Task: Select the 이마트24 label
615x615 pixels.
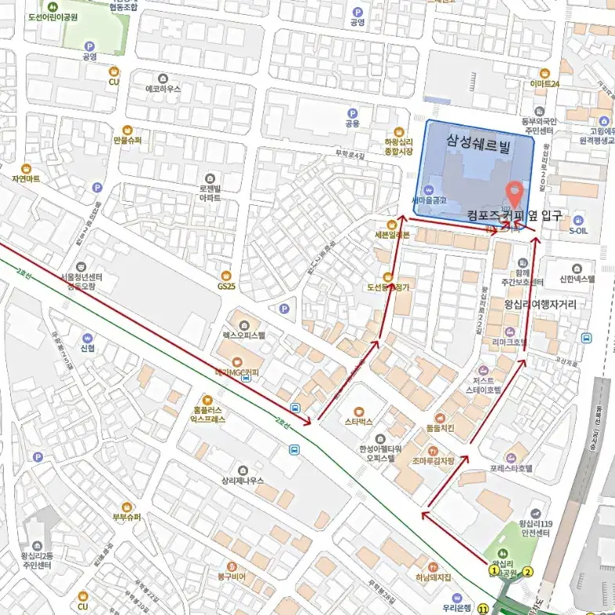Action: (545, 83)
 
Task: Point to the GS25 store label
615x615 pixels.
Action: (226, 286)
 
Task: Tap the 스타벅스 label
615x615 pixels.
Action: (359, 421)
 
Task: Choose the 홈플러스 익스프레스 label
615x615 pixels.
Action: (207, 414)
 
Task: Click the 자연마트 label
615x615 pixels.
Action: (26, 178)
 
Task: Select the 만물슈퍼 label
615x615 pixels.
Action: (127, 140)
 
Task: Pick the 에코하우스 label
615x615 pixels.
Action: (163, 88)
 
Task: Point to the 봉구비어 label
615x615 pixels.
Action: (232, 577)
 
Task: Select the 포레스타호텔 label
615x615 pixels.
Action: (511, 468)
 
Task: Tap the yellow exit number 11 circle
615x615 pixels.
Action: (483, 608)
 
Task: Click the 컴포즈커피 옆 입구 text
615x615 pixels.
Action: (514, 215)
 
